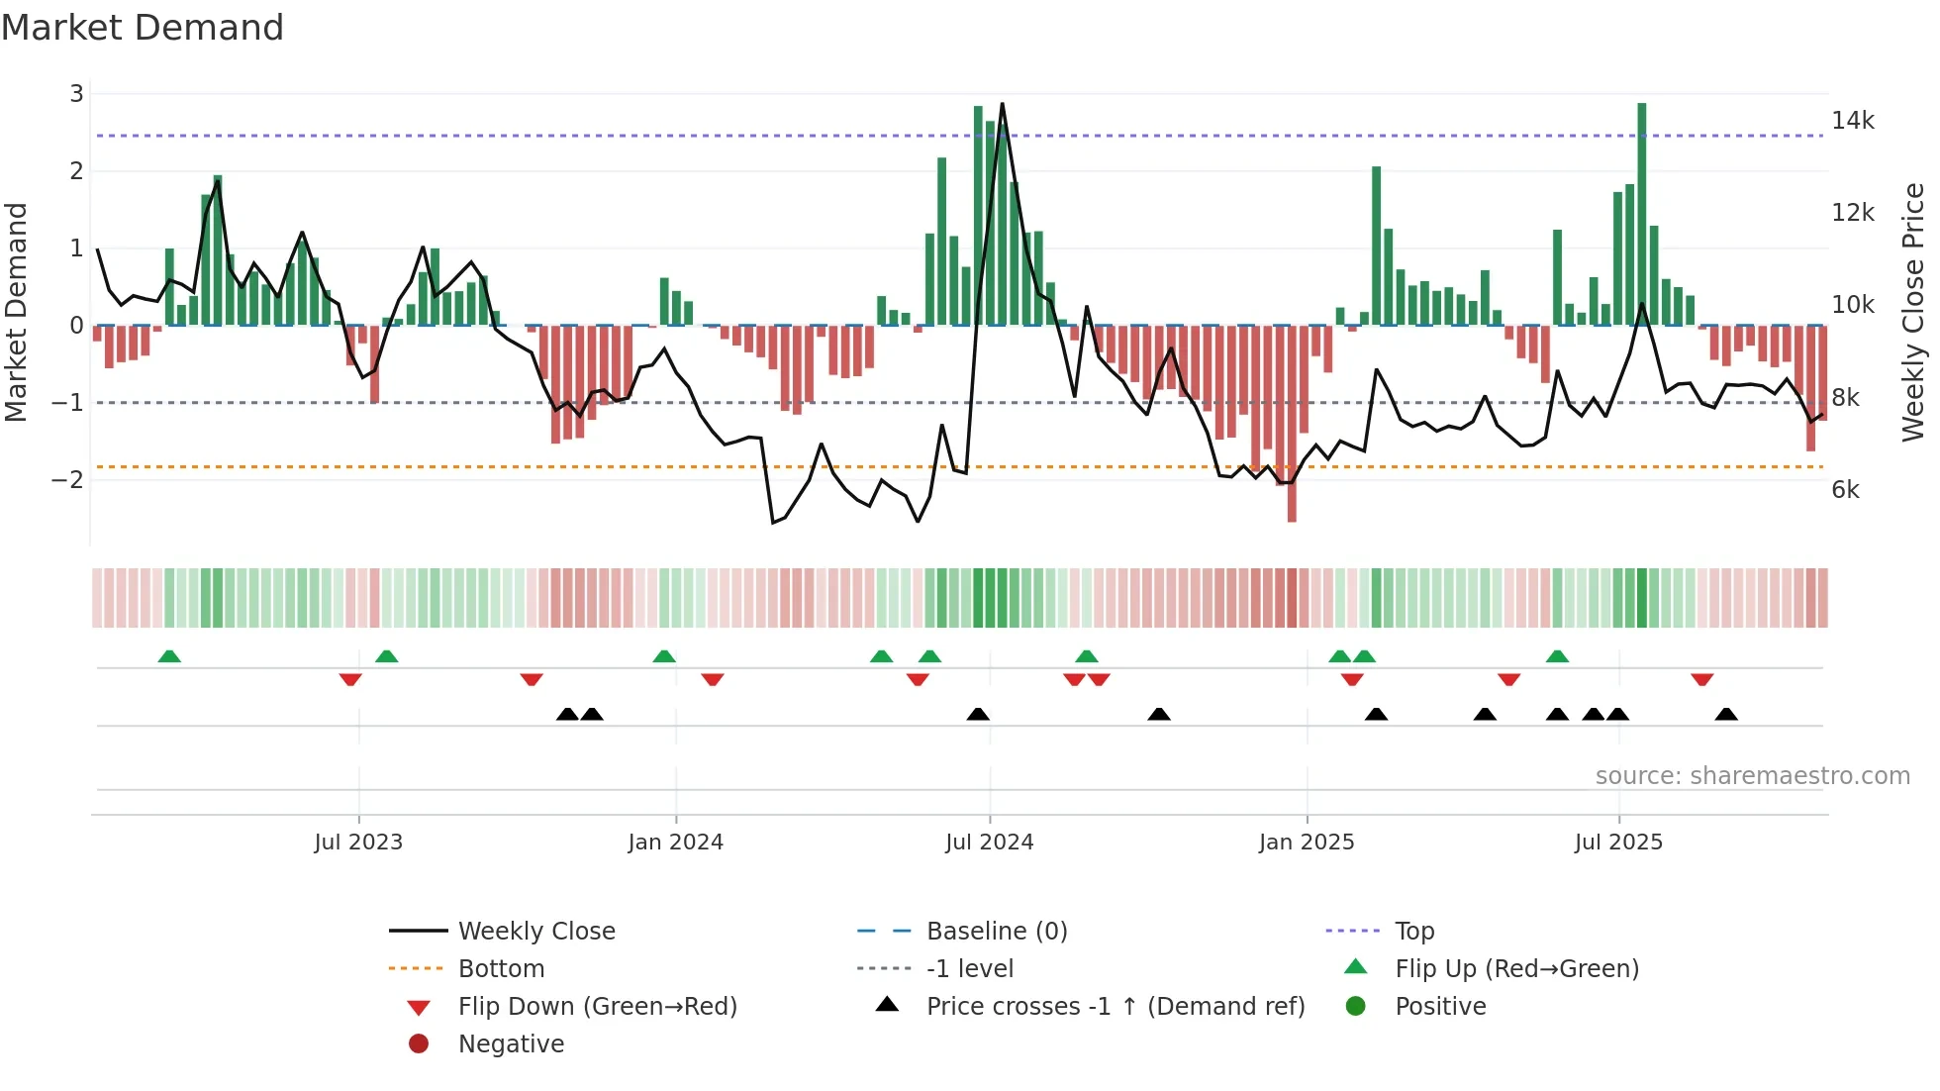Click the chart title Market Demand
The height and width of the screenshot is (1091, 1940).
click(143, 28)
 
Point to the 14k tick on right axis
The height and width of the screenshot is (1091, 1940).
click(1852, 121)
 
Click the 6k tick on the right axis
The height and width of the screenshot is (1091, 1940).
click(1845, 490)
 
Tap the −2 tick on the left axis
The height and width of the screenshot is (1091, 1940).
click(67, 480)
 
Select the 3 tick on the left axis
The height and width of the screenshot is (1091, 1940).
click(76, 94)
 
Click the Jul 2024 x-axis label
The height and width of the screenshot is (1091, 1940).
click(989, 843)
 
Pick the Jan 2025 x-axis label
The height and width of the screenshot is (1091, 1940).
click(1306, 843)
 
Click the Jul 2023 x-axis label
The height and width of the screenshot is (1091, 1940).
click(358, 843)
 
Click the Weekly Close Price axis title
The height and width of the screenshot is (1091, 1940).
click(1912, 312)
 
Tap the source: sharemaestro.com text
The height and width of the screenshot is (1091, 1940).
click(1752, 776)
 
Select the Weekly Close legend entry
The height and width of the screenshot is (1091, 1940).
click(535, 932)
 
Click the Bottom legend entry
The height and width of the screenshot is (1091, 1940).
click(501, 969)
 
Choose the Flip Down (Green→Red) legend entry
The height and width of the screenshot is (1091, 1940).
click(597, 1007)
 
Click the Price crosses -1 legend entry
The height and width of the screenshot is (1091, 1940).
click(1115, 1007)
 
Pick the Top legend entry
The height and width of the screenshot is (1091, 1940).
click(1414, 932)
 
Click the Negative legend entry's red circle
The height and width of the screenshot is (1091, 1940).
click(419, 1044)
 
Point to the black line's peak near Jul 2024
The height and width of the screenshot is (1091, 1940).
click(1002, 104)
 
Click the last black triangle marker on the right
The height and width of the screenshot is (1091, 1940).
click(1726, 714)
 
